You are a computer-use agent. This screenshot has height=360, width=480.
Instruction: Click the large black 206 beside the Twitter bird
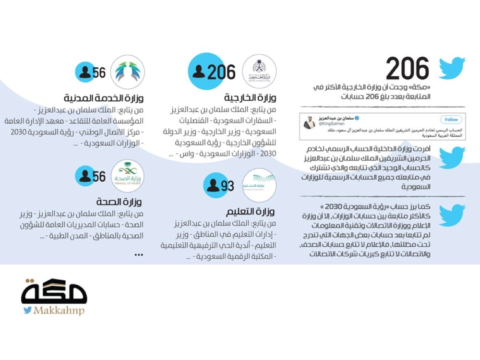408,68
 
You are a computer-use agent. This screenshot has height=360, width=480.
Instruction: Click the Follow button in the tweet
451,120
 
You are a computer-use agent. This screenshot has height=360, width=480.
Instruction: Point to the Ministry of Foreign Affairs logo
260,72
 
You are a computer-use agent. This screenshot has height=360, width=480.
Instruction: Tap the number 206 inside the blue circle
221,72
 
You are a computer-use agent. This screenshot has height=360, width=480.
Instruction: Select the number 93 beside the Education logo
228,185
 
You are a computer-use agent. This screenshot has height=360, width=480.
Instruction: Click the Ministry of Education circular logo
260,185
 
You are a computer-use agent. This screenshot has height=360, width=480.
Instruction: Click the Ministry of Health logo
128,176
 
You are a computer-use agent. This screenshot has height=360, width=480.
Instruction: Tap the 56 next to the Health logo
99,177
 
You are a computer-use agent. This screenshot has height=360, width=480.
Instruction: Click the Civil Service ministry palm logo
128,72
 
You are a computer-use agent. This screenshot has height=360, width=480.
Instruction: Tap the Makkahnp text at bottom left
59,311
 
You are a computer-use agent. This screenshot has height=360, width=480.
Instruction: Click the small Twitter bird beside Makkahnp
28,311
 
